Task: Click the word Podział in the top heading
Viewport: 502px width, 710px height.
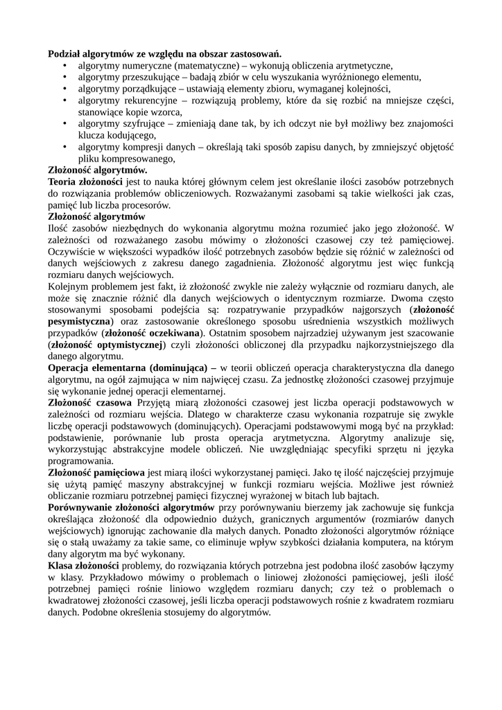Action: click(65, 53)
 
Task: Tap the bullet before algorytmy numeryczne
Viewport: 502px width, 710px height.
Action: click(63, 65)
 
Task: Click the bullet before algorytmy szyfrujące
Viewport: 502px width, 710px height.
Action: click(63, 123)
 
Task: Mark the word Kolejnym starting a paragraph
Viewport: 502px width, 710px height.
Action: click(69, 286)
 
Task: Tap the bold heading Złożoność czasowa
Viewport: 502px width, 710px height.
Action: click(89, 403)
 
